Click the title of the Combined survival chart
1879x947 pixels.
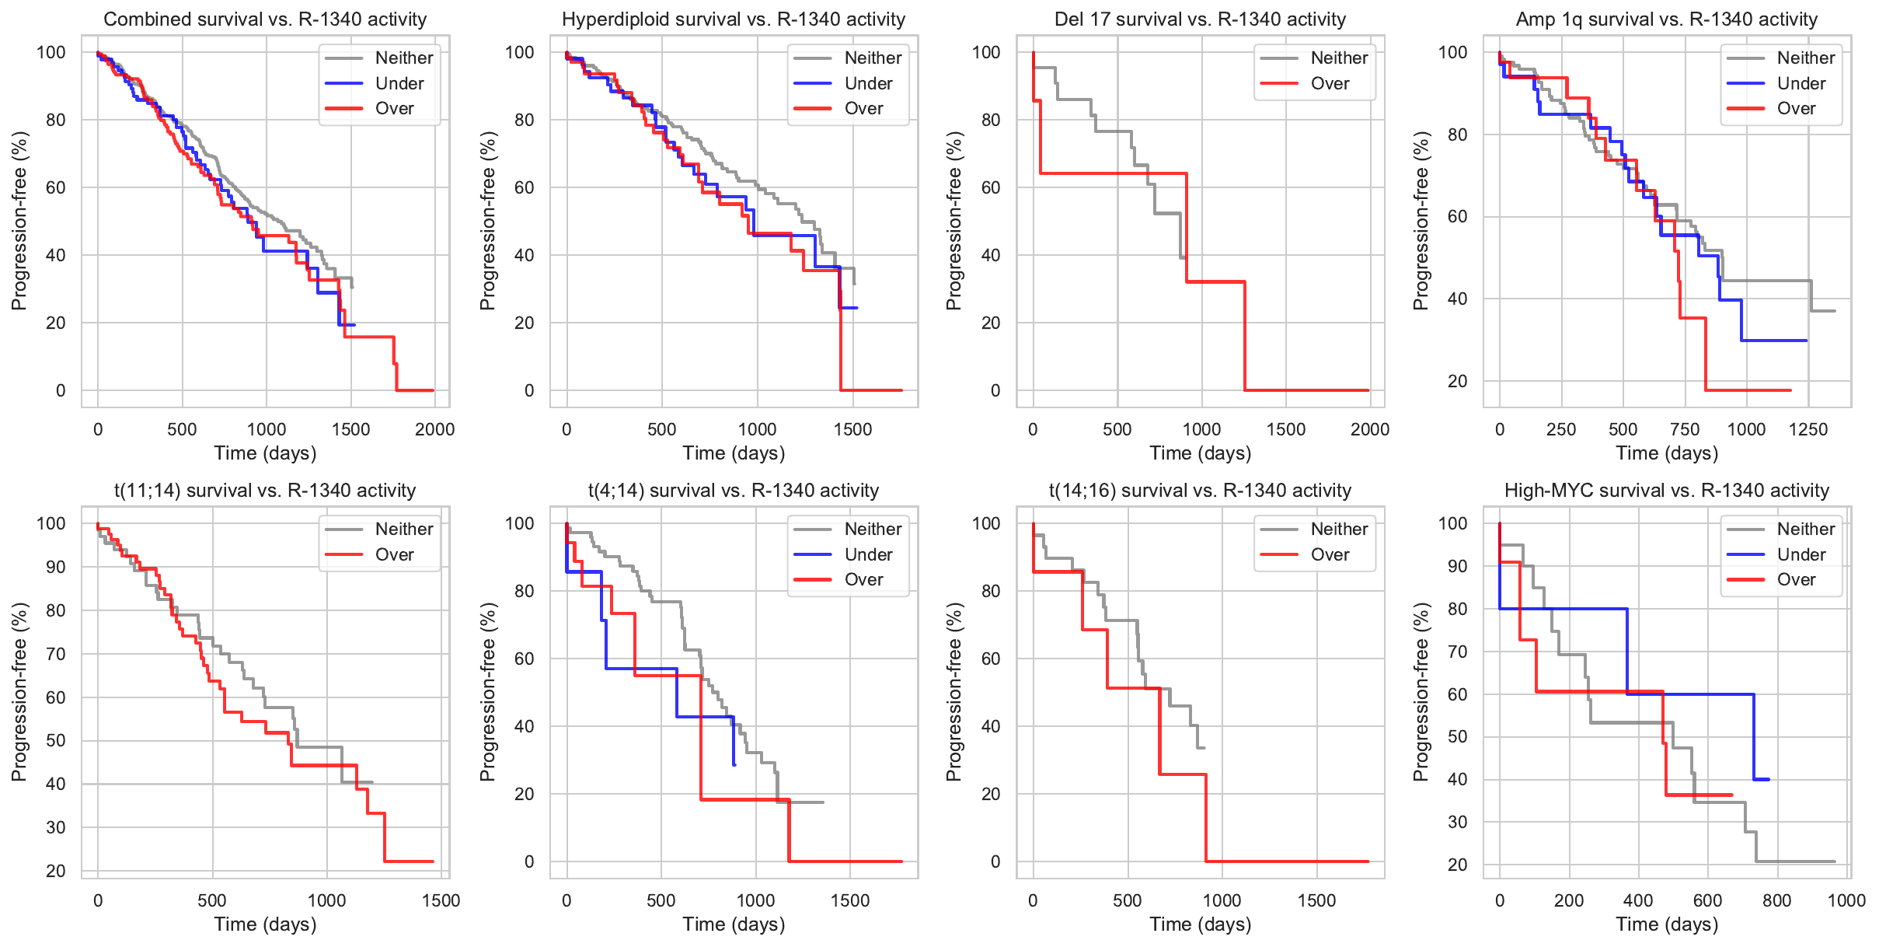265,19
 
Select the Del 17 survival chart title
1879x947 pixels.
1200,19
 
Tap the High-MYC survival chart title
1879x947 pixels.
1667,491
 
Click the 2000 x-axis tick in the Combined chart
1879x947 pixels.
434,429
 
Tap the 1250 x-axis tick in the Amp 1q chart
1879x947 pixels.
1808,429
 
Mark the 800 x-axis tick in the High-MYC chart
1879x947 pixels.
1777,900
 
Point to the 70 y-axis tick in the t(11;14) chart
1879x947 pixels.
56,654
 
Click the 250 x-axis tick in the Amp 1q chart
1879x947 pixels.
1561,429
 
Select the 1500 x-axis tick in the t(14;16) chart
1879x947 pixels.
1316,900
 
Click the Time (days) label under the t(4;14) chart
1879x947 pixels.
734,924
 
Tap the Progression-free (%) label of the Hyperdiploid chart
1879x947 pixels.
487,221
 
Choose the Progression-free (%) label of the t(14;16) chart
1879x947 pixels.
953,692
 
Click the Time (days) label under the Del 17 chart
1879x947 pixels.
1200,453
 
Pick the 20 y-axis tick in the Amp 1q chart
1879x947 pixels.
1457,381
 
